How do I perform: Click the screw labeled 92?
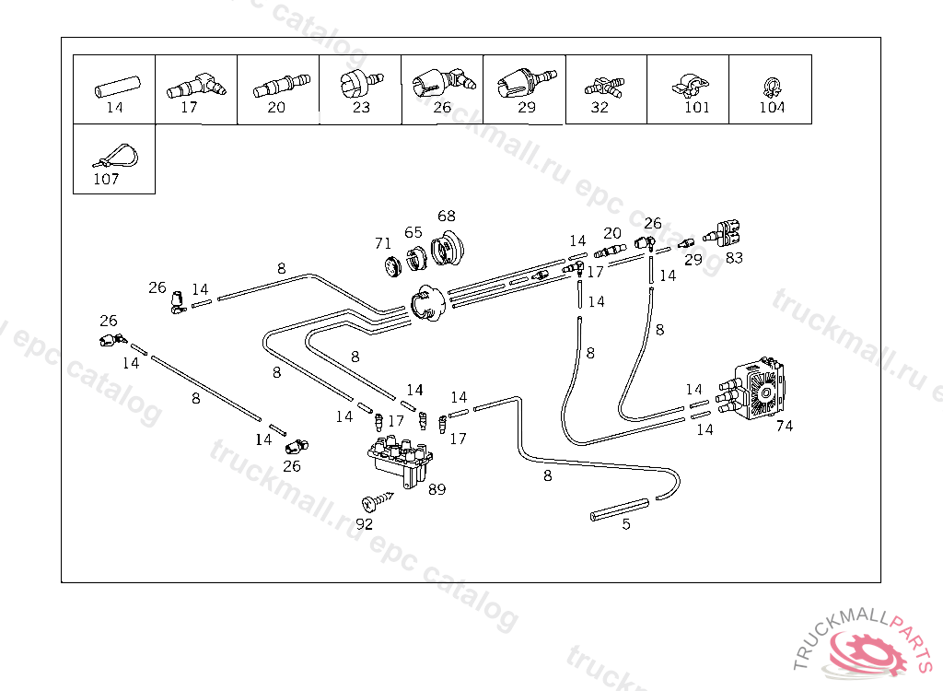(x=377, y=501)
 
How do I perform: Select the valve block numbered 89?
(x=400, y=461)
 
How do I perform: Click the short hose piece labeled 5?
(x=620, y=509)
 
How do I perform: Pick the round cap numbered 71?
(x=393, y=265)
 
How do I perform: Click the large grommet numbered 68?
(x=448, y=246)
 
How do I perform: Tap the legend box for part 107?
(x=114, y=159)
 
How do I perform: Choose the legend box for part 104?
(x=771, y=89)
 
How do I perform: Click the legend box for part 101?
(x=688, y=89)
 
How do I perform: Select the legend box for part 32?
(x=606, y=89)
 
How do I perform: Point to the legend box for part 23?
(x=360, y=89)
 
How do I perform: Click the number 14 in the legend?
(x=114, y=107)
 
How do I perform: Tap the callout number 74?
(x=785, y=427)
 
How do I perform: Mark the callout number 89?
(x=437, y=489)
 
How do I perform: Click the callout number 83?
(x=734, y=258)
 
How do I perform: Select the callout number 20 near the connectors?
(x=612, y=233)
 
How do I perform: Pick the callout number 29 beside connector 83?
(x=693, y=260)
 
